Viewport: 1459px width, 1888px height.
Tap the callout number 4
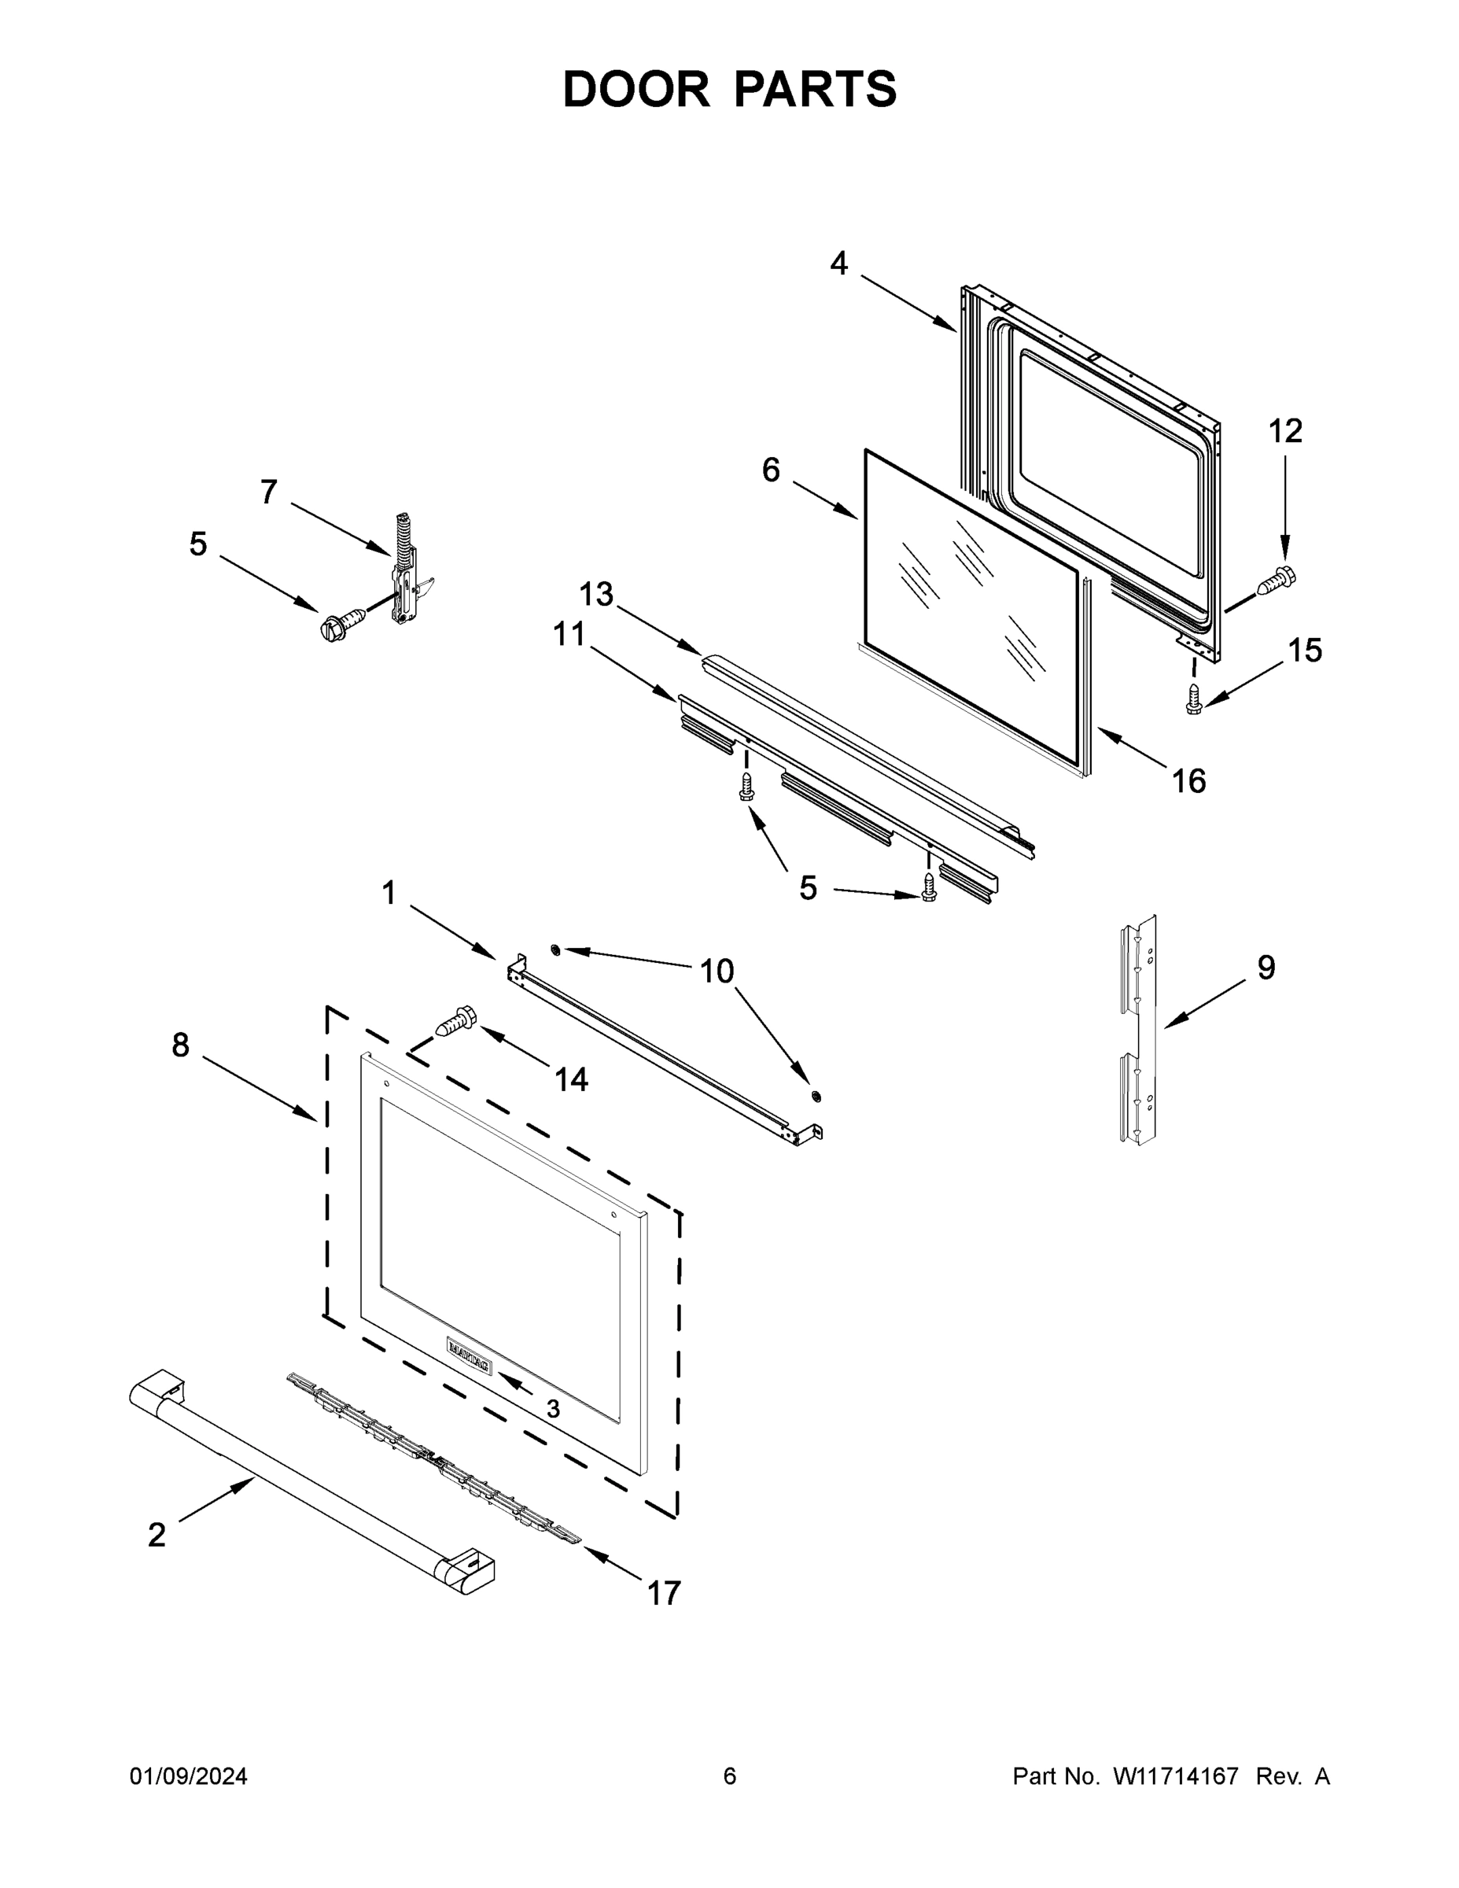click(838, 263)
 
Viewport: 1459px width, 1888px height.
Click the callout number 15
click(1304, 650)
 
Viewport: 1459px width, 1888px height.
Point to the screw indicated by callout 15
click(1195, 699)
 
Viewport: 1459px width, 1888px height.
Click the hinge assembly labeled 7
click(406, 570)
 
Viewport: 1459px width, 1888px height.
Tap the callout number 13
click(595, 594)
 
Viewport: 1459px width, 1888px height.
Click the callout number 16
click(1188, 780)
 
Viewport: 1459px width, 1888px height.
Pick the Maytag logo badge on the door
click(470, 1354)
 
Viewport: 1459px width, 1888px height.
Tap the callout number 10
click(717, 971)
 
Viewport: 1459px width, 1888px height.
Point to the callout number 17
click(664, 1592)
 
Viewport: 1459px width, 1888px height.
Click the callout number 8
click(180, 1045)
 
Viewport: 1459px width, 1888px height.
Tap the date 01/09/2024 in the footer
click(189, 1776)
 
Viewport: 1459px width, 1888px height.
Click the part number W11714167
click(1176, 1776)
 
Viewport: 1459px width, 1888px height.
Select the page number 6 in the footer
click(730, 1776)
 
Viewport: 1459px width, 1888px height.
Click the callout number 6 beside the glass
click(770, 470)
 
